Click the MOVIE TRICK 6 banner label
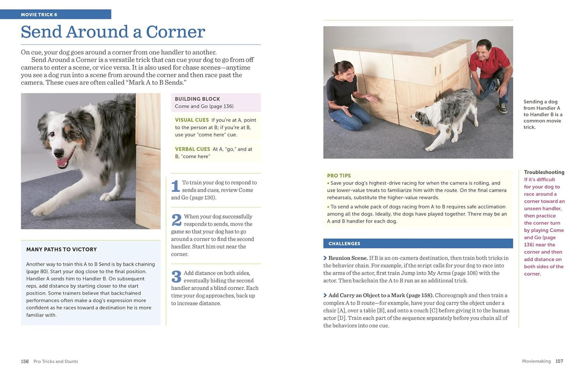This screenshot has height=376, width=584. tap(39, 15)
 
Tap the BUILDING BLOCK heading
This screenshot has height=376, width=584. tap(197, 99)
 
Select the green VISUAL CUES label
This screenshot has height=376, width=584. tap(192, 120)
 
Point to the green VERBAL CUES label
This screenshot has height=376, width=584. tap(192, 149)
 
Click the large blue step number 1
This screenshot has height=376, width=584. tap(175, 186)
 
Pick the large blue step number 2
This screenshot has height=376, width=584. tap(176, 220)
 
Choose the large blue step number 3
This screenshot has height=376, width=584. tap(176, 276)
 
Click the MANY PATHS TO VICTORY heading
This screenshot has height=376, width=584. tap(61, 249)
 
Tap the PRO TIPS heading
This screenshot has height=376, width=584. tap(339, 176)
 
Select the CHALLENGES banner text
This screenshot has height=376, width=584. tap(344, 244)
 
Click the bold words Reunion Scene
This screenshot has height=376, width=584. tap(348, 258)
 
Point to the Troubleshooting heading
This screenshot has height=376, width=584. tap(544, 172)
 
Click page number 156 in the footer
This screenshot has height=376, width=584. tap(25, 361)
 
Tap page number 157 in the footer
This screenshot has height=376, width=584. tap(559, 361)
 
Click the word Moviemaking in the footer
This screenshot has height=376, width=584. tap(536, 361)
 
